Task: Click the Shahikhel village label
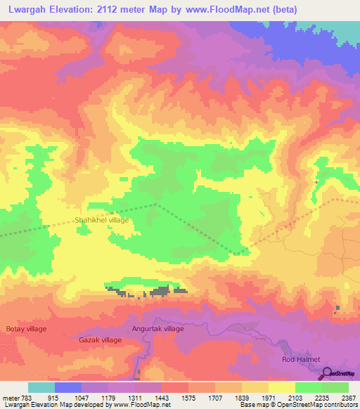pyautogui.click(x=102, y=220)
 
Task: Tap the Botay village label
pyautogui.click(x=26, y=328)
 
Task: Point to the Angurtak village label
pyautogui.click(x=157, y=328)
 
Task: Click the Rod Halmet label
pyautogui.click(x=301, y=360)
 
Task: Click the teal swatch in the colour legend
pyautogui.click(x=41, y=387)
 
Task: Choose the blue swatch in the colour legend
pyautogui.click(x=68, y=387)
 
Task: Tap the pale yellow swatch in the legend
pyautogui.click(x=281, y=387)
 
